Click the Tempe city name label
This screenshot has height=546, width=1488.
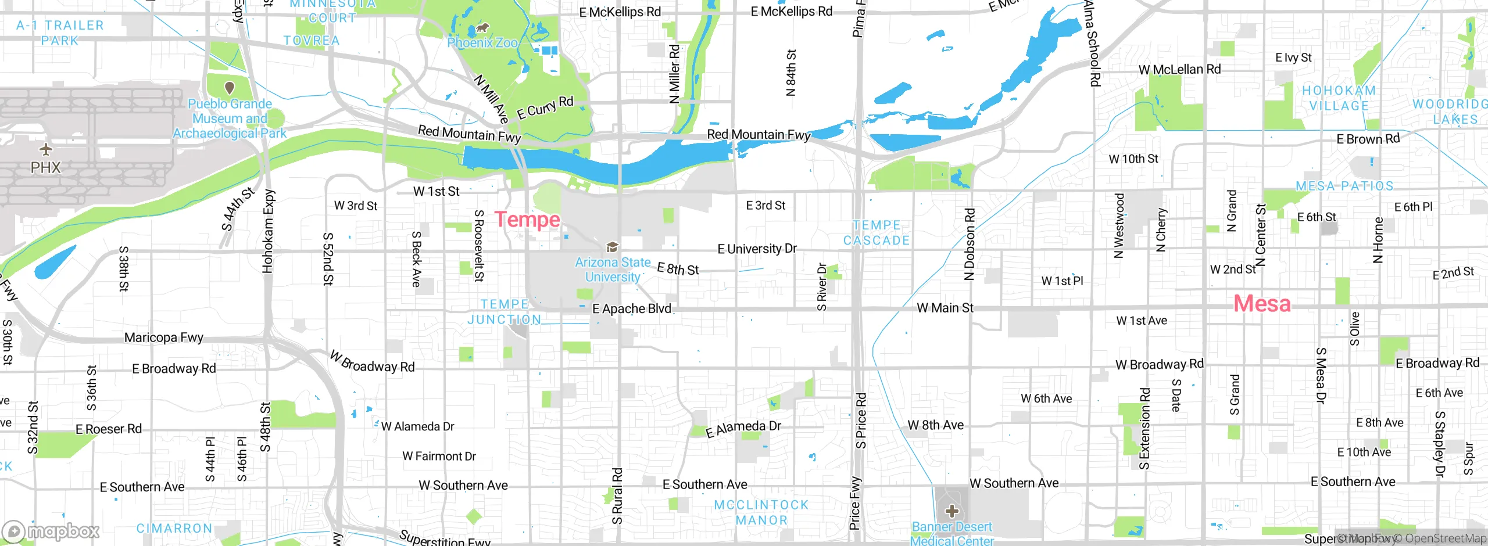point(527,220)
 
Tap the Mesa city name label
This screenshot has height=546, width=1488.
point(1262,304)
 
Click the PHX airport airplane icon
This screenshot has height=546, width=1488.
point(45,150)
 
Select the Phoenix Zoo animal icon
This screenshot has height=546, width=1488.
point(482,27)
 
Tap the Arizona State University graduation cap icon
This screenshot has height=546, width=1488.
point(611,247)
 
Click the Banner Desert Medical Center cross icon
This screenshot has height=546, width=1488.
point(952,511)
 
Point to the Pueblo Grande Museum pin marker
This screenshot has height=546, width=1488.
point(230,88)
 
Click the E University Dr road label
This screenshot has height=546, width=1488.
point(757,249)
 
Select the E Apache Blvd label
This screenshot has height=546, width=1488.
point(631,309)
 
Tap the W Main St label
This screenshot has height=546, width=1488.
point(945,308)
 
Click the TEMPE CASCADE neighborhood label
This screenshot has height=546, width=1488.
point(877,233)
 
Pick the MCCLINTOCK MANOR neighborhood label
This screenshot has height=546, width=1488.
point(761,512)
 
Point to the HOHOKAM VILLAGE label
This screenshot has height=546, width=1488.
point(1339,98)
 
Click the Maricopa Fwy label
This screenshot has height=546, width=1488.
point(163,337)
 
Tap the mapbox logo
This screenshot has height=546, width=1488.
point(51,531)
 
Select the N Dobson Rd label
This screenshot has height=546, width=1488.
point(969,244)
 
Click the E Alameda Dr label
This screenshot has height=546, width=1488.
point(743,428)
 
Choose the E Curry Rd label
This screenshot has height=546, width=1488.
point(545,107)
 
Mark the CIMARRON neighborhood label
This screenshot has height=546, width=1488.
point(174,529)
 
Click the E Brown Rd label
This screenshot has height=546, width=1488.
point(1368,139)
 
